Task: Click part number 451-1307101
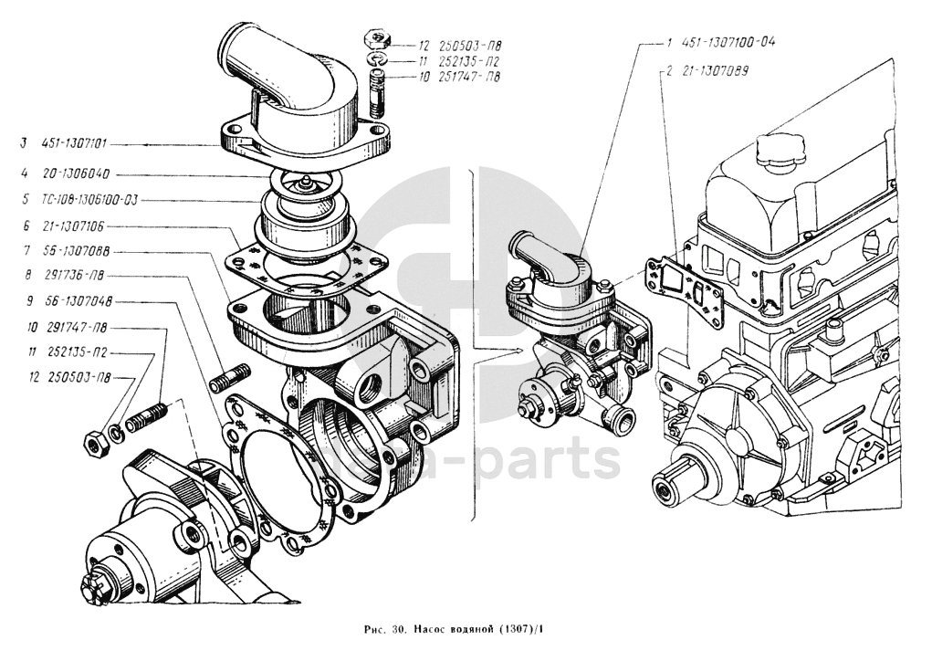(x=76, y=143)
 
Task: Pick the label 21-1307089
(x=716, y=69)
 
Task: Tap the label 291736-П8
(x=73, y=275)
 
